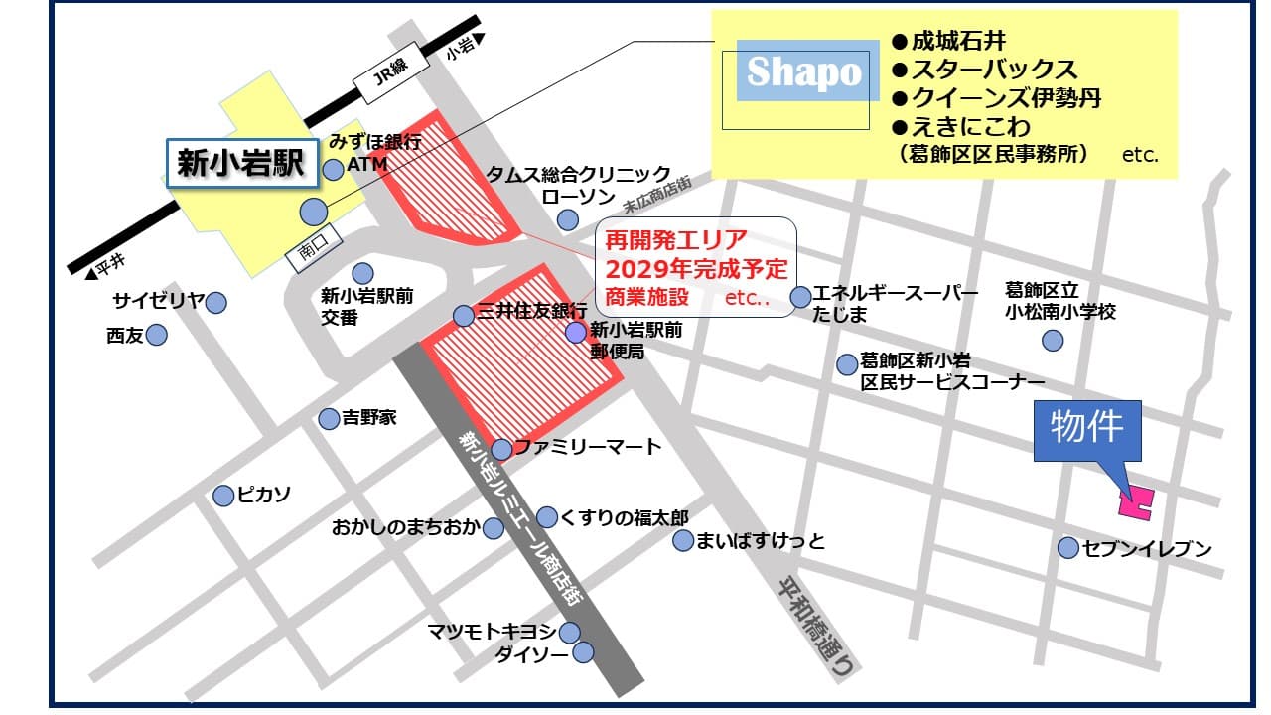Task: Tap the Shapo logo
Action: pyautogui.click(x=804, y=71)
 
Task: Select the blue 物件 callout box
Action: pyautogui.click(x=1087, y=430)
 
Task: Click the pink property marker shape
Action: pyautogui.click(x=1135, y=502)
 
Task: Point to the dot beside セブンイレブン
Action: pyautogui.click(x=1068, y=547)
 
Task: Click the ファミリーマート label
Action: pyautogui.click(x=587, y=447)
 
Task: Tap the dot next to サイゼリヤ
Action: pyautogui.click(x=215, y=302)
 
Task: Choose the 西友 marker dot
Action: pyautogui.click(x=156, y=336)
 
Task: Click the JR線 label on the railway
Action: pyautogui.click(x=381, y=74)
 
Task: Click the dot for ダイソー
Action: pyautogui.click(x=583, y=652)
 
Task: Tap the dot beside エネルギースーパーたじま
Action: pyautogui.click(x=800, y=297)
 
